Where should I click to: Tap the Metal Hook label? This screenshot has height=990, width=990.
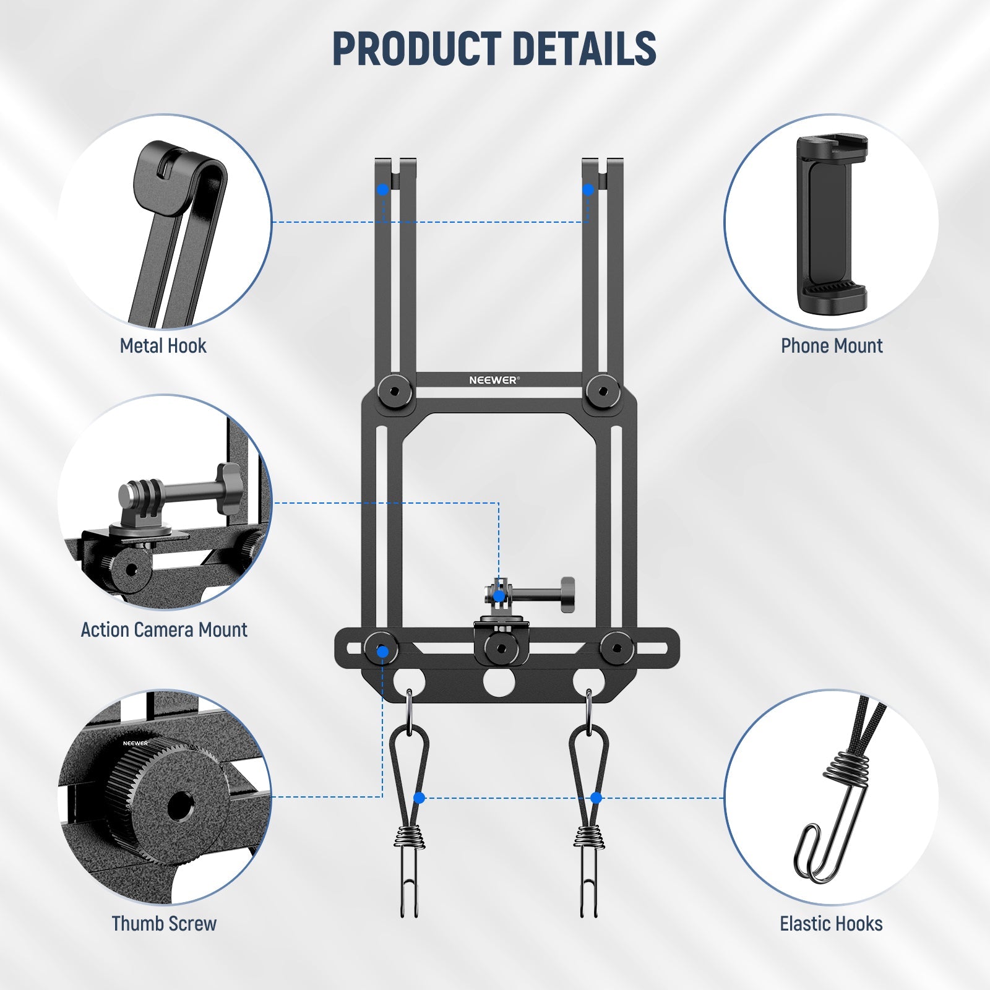(163, 346)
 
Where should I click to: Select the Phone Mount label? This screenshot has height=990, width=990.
(832, 346)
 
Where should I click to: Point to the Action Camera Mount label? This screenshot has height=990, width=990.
(164, 630)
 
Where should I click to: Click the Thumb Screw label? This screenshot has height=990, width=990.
(164, 924)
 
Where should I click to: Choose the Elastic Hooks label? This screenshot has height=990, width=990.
(831, 924)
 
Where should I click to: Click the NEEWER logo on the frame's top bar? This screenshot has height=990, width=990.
(494, 380)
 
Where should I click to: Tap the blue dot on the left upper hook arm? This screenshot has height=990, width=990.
(383, 189)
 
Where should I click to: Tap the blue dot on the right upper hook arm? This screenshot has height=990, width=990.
(588, 189)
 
